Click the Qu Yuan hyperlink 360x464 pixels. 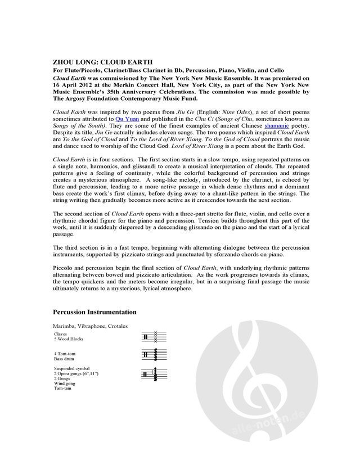point(125,120)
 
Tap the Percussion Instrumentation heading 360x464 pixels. point(94,311)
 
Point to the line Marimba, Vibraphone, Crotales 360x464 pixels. point(90,326)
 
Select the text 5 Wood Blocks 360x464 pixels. point(67,339)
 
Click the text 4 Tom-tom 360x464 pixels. point(65,353)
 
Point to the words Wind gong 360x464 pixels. point(64,384)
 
